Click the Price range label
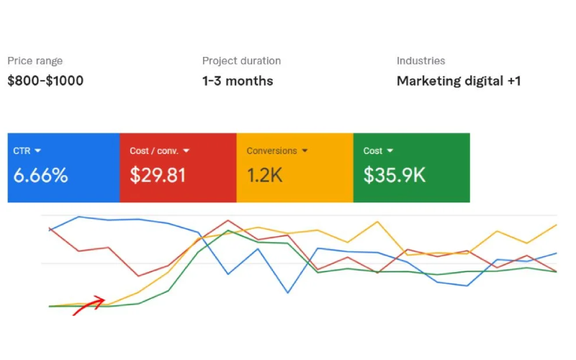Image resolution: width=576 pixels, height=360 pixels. pyautogui.click(x=35, y=61)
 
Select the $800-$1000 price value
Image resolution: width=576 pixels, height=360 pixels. pyautogui.click(x=45, y=81)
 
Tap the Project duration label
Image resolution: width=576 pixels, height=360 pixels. pyautogui.click(x=241, y=61)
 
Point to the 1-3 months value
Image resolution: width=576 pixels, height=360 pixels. pyautogui.click(x=238, y=81)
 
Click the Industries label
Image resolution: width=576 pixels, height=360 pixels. pyautogui.click(x=420, y=61)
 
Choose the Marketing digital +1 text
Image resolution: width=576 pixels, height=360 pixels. pyautogui.click(x=459, y=81)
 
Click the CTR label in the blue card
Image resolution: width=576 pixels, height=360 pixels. pyautogui.click(x=22, y=151)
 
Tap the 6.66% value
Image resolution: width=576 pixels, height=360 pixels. pyautogui.click(x=40, y=175)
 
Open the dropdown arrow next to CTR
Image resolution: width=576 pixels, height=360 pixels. pyautogui.click(x=37, y=151)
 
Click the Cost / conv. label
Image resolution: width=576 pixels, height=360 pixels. pyautogui.click(x=153, y=151)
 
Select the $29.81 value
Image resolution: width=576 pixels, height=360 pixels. pyautogui.click(x=158, y=175)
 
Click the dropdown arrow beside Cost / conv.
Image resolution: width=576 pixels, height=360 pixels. pyautogui.click(x=186, y=151)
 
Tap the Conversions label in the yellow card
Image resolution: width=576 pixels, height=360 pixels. pyautogui.click(x=271, y=151)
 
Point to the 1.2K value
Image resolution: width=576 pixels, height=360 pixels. pyautogui.click(x=265, y=175)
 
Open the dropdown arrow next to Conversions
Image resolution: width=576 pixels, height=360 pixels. pyautogui.click(x=305, y=151)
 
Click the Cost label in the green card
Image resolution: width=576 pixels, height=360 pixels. pyautogui.click(x=372, y=151)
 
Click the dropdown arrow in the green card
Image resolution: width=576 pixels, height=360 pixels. pyautogui.click(x=390, y=151)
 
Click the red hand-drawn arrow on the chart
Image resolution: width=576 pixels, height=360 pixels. pyautogui.click(x=90, y=305)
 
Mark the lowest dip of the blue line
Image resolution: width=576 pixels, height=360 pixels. pyautogui.click(x=288, y=293)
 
